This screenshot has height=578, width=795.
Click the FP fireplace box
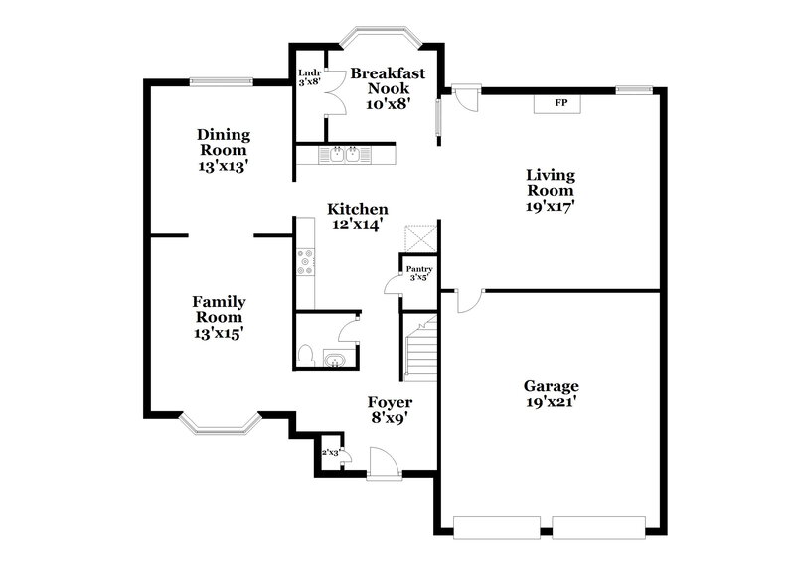(560, 102)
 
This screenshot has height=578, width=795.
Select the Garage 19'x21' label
(551, 394)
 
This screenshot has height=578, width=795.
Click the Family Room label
(219, 317)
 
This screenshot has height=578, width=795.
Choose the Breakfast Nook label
(388, 86)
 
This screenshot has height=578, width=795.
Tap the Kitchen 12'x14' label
(358, 217)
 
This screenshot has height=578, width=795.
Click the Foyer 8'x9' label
(391, 410)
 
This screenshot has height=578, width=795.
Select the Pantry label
(418, 272)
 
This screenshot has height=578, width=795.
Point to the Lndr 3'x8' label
(310, 76)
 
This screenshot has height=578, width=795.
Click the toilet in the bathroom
(307, 355)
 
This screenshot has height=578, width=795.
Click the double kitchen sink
(346, 154)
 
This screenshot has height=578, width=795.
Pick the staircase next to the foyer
(421, 350)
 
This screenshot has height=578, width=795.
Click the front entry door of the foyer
(383, 463)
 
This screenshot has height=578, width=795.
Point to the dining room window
(221, 81)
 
